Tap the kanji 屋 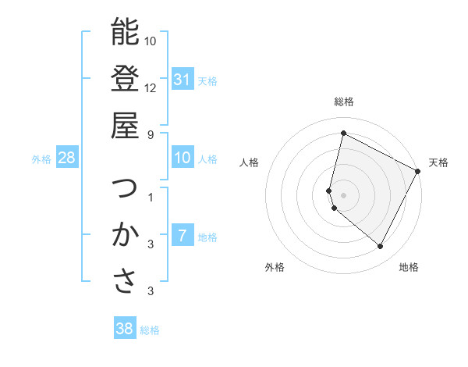point(125,125)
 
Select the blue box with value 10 point(183,159)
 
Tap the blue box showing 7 point(183,237)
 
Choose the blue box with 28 point(67,159)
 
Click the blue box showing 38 point(125,329)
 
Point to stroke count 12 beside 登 point(151,87)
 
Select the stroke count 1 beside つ point(151,197)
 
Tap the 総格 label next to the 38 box point(150,330)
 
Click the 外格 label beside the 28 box point(41,159)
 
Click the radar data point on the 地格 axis point(381,247)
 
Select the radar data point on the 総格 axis point(343,133)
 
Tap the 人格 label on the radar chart point(250,162)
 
